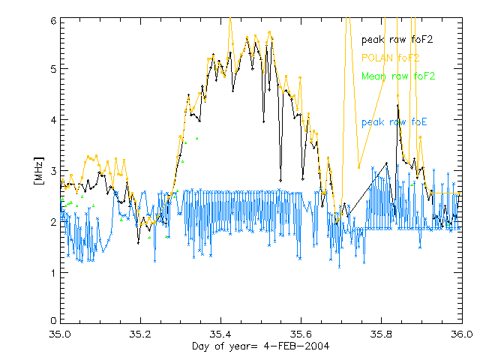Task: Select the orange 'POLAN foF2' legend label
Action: [390, 57]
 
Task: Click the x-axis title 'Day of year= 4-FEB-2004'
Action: [259, 346]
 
